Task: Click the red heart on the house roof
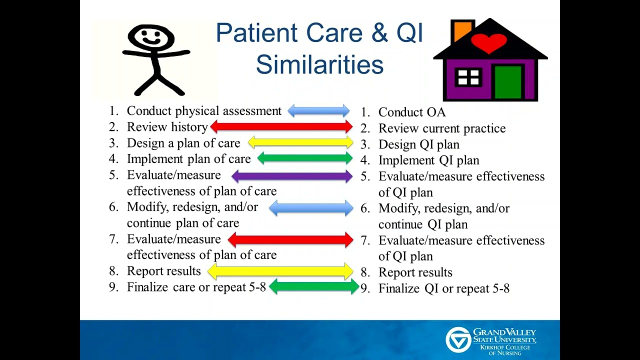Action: tap(489, 43)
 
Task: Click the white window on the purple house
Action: tap(468, 77)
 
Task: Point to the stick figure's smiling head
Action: tap(151, 37)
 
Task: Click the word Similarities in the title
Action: tap(319, 64)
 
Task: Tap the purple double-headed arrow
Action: tap(292, 176)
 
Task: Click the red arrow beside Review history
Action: tap(281, 126)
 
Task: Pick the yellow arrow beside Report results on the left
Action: tap(280, 271)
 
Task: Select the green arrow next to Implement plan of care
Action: tap(305, 158)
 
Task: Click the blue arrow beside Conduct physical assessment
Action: tap(318, 110)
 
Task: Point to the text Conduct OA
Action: tap(412, 112)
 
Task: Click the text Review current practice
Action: tap(442, 128)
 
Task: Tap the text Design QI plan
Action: tap(419, 144)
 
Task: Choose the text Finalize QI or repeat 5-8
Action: tap(444, 288)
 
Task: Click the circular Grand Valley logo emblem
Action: tap(458, 339)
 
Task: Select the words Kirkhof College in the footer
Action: tap(505, 347)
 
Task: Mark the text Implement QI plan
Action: tap(429, 160)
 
